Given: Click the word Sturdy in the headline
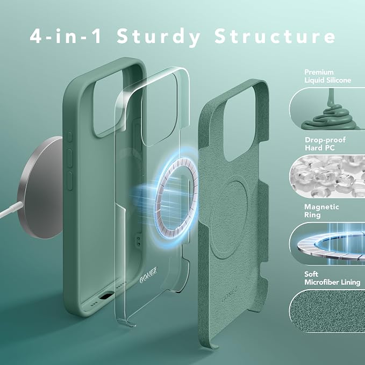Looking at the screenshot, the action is coord(159,37).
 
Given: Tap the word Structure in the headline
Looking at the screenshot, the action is coord(275,36).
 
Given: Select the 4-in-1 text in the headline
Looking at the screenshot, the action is coord(66,36).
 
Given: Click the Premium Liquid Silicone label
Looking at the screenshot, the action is coord(327,76).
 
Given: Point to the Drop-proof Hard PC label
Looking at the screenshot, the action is coord(325,144).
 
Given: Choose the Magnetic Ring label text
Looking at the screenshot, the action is coord(321,211).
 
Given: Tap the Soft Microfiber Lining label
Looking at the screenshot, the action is coord(332,278).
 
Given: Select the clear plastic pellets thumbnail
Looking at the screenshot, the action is coord(327,176).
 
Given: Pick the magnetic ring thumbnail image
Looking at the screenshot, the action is coord(327,244).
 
